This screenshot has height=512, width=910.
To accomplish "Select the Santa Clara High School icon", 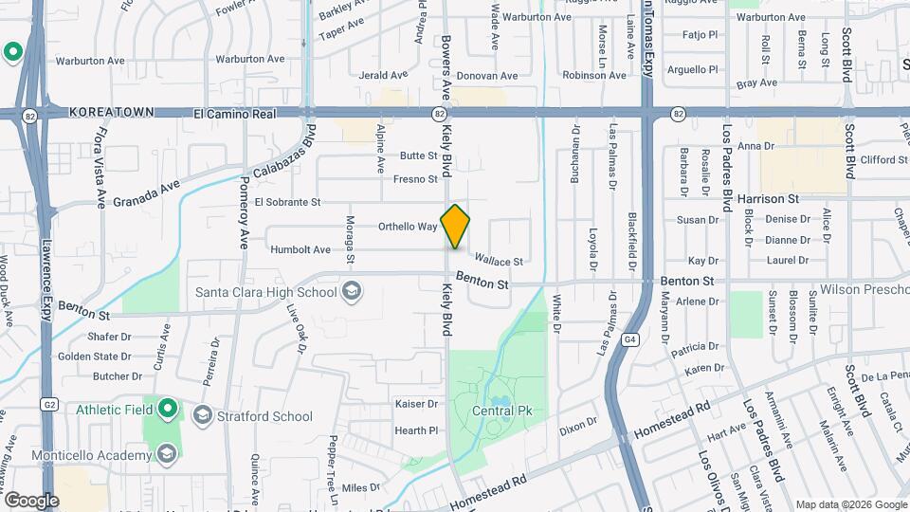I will point(352,290).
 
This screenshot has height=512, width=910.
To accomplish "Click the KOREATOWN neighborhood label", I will point(112,112).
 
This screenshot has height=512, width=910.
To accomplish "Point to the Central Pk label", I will point(503,411).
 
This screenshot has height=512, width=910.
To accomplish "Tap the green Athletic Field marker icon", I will point(167,409).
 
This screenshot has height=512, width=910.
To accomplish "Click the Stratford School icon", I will point(202,415).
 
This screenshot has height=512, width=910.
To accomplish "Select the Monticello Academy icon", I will point(167,454).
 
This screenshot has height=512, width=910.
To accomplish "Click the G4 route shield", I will point(630,339).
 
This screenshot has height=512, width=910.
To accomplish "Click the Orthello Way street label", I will point(408,227).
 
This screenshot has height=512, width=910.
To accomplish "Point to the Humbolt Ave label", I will point(300,249).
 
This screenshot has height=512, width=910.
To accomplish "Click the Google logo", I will point(31,500).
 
